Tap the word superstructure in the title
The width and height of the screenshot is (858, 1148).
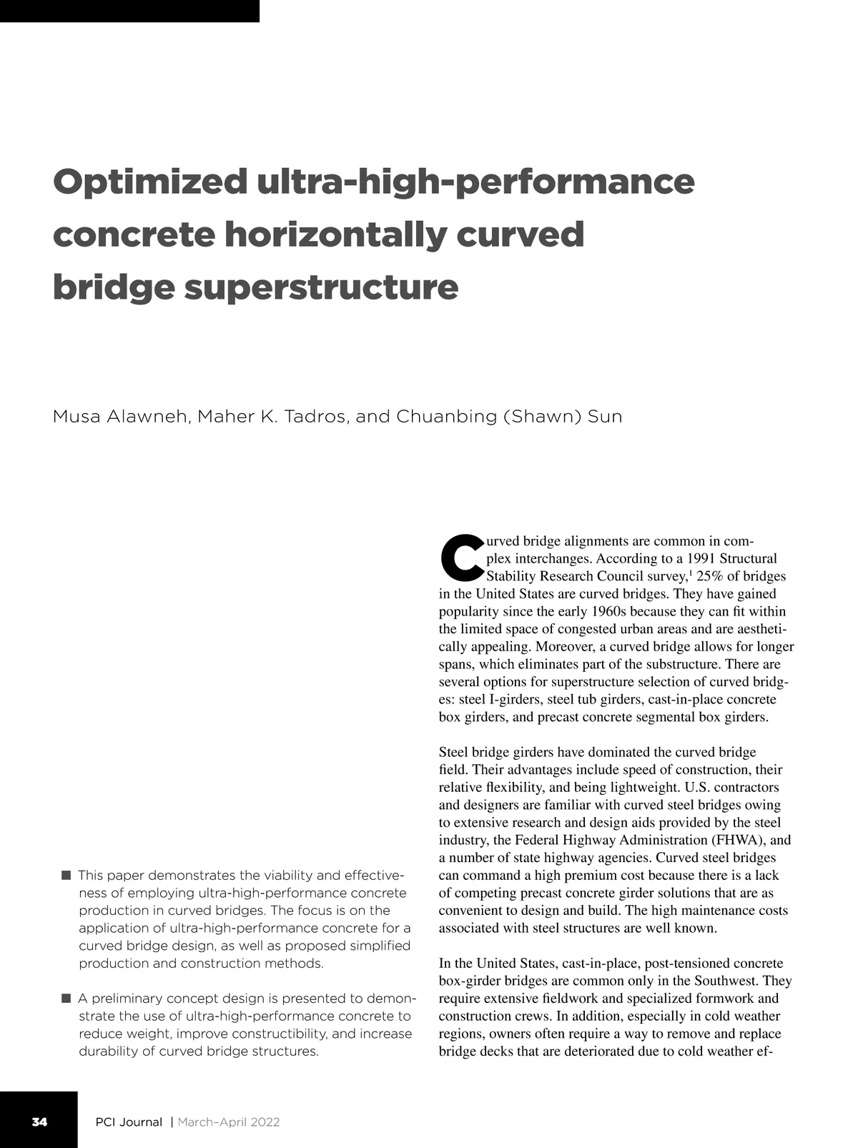pyautogui.click(x=321, y=287)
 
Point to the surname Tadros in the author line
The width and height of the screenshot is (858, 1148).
pyautogui.click(x=315, y=416)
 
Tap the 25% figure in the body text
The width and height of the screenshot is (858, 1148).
pyautogui.click(x=711, y=576)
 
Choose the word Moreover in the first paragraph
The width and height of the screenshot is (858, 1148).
pyautogui.click(x=562, y=646)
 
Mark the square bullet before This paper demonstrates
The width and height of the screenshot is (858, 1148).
pyautogui.click(x=66, y=875)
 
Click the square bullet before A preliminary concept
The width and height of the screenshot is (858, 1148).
pyautogui.click(x=66, y=998)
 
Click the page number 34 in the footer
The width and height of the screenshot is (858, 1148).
pyautogui.click(x=39, y=1122)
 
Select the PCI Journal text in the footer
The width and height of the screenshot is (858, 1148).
pyautogui.click(x=129, y=1122)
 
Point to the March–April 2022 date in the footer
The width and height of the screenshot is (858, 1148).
pyautogui.click(x=228, y=1122)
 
